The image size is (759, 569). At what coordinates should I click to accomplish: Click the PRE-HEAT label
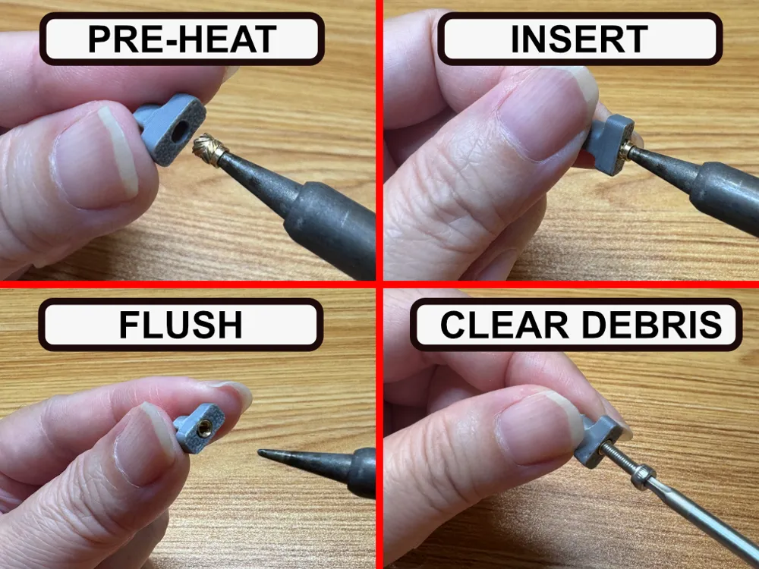click(181, 39)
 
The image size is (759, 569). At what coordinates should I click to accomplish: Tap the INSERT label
click(579, 39)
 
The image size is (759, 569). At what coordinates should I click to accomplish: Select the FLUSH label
click(181, 325)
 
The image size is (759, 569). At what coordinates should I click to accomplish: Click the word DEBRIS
click(651, 325)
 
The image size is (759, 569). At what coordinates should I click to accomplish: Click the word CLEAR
click(505, 325)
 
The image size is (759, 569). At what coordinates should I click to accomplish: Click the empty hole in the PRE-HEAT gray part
click(180, 130)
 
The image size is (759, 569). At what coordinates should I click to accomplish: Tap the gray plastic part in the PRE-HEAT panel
click(169, 129)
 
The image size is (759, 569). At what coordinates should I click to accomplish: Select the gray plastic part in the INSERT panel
click(609, 143)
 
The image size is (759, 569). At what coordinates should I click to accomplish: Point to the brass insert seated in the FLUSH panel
click(205, 429)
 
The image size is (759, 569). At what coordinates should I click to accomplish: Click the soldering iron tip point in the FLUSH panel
click(259, 453)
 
